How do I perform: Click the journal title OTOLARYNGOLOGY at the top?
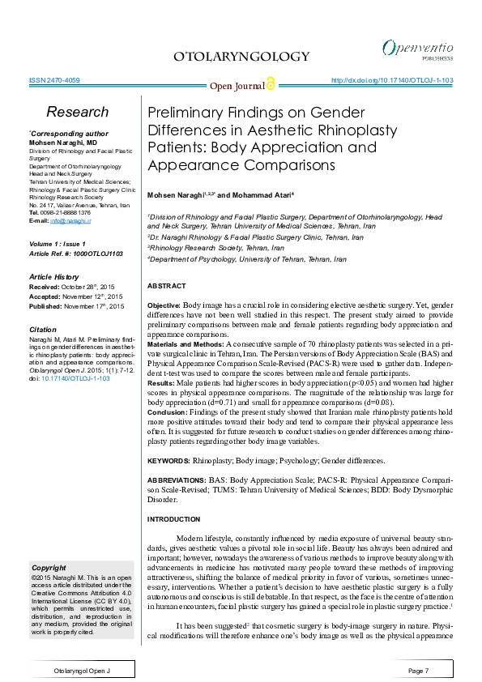click(241, 56)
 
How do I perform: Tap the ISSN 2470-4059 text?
click(53, 81)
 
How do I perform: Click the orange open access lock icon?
click(271, 84)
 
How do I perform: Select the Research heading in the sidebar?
click(77, 112)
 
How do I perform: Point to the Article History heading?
click(64, 277)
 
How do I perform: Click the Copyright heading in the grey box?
click(48, 567)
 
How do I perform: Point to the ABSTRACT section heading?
click(166, 286)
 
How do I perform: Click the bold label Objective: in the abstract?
click(164, 303)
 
